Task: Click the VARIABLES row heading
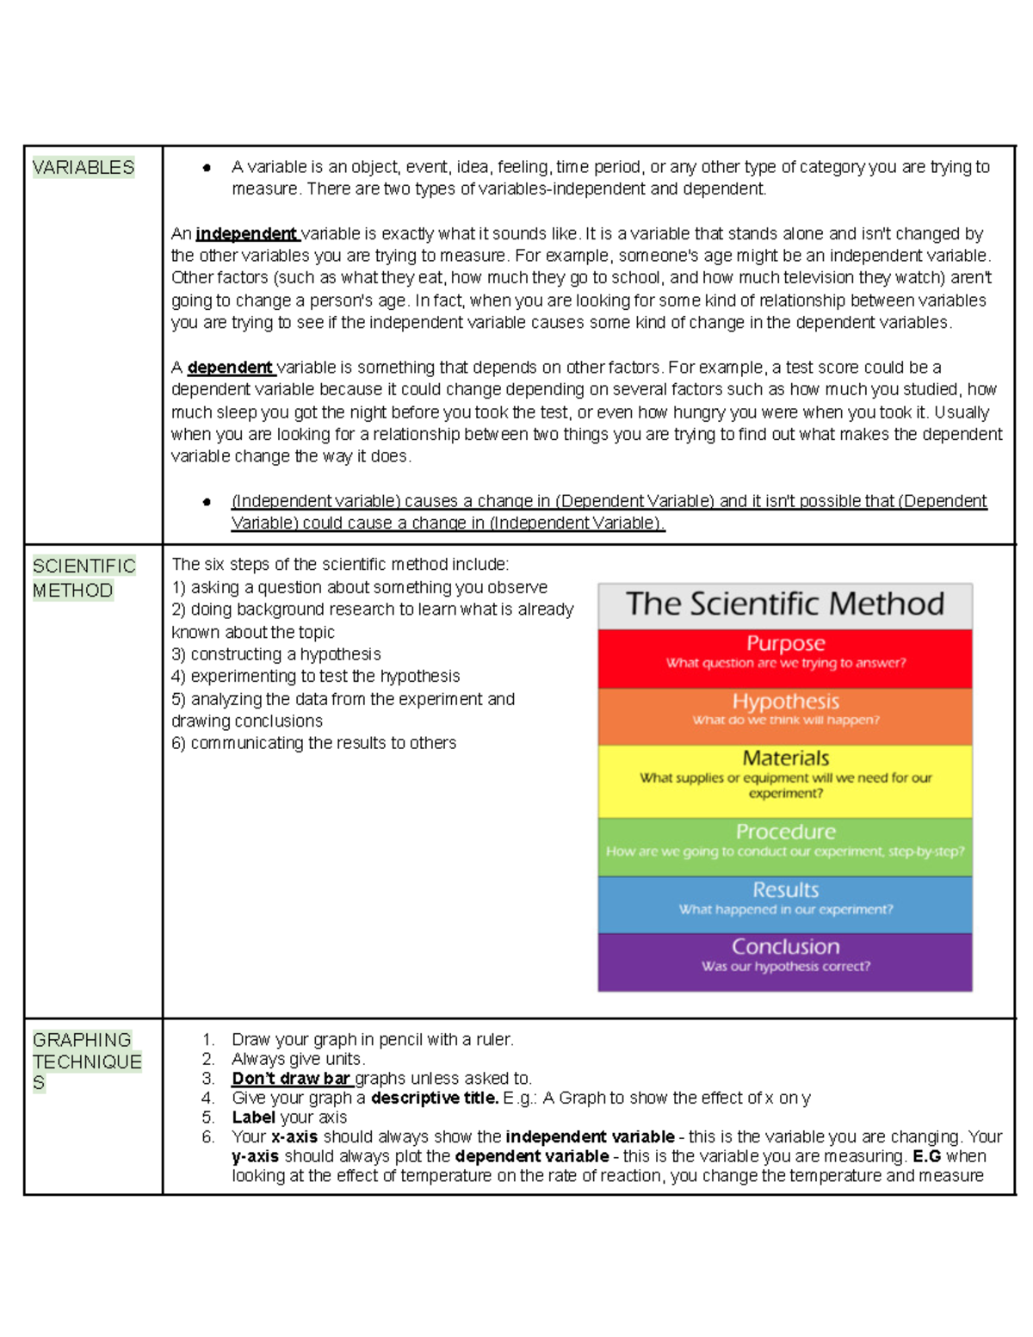(84, 167)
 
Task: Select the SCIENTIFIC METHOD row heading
(84, 578)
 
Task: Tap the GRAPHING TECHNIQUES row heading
(86, 1062)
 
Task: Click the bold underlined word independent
(246, 233)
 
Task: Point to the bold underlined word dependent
(230, 368)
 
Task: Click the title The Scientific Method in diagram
(785, 604)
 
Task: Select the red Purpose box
(785, 658)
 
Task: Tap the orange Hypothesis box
(785, 715)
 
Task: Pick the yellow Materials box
(785, 780)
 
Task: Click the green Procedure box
(785, 845)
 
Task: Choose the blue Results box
(785, 903)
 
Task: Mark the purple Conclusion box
(785, 961)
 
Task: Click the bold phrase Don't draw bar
(291, 1079)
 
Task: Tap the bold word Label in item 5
(253, 1117)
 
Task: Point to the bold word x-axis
(294, 1136)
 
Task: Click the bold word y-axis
(255, 1156)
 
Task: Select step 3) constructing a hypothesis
(275, 654)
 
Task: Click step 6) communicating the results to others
(313, 743)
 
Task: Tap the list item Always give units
(298, 1059)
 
